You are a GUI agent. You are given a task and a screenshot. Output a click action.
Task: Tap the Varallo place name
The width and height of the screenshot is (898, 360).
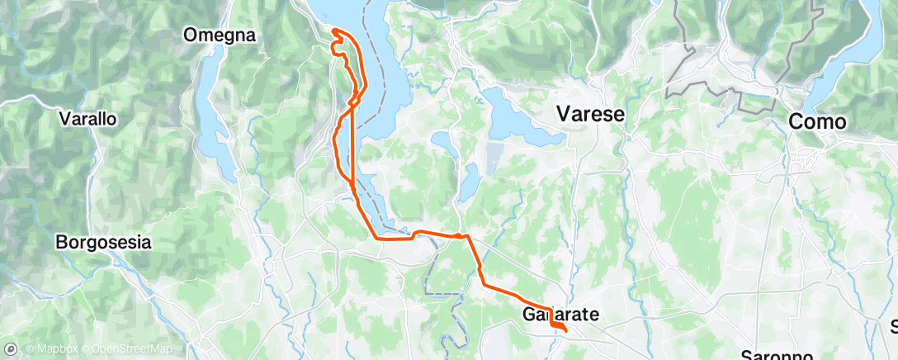coord(87,118)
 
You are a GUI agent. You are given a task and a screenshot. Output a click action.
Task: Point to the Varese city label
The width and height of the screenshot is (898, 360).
coord(590,114)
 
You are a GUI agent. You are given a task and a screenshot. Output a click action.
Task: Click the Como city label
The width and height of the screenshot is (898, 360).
coord(817,121)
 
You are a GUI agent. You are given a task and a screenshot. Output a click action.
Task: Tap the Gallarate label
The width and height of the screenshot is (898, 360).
coord(560,314)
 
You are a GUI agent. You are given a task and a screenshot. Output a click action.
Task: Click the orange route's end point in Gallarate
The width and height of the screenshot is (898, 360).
coord(565,332)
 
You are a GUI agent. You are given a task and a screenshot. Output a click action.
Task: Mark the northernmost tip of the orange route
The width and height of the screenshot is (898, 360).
coord(335,31)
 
